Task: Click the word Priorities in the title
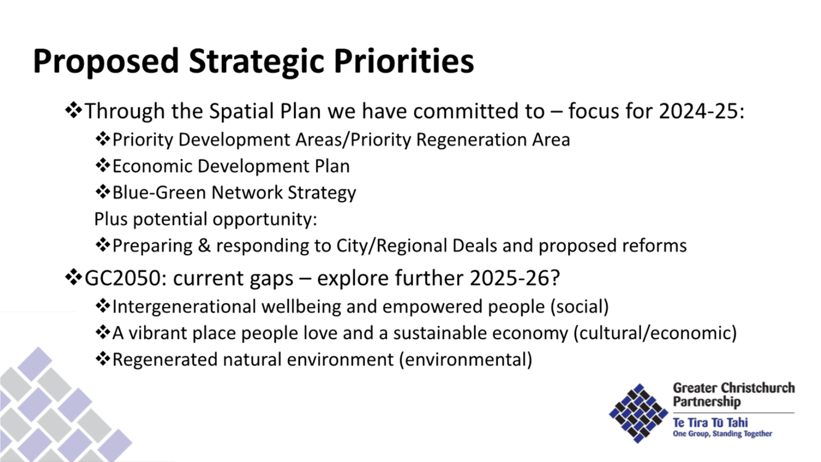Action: (x=404, y=61)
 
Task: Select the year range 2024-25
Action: (x=701, y=111)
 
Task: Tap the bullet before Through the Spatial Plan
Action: (x=73, y=111)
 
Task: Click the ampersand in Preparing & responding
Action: (x=204, y=245)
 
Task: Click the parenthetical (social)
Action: (x=579, y=307)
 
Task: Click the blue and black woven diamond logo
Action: (x=638, y=412)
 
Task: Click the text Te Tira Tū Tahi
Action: (x=710, y=423)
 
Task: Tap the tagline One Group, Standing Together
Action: (x=722, y=434)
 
